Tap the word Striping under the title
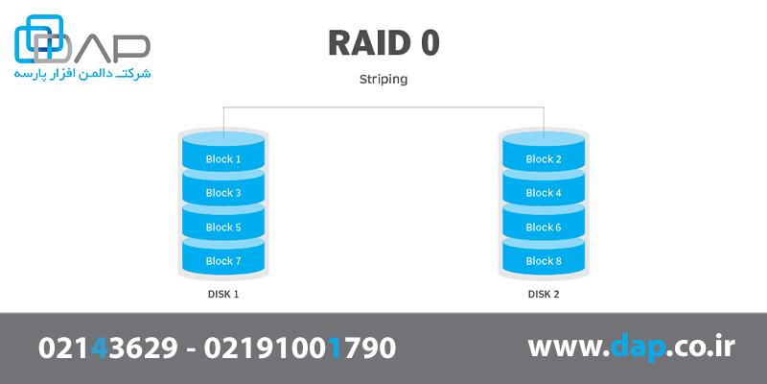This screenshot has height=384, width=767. [x=383, y=80]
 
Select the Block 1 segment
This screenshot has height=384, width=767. [x=223, y=159]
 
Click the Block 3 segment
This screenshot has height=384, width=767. [x=223, y=193]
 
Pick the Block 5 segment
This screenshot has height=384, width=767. [x=223, y=228]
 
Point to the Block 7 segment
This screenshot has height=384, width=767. [x=223, y=261]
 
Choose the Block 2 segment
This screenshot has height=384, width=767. [x=544, y=159]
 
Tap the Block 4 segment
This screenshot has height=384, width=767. [x=544, y=193]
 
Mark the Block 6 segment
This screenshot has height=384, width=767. [x=544, y=228]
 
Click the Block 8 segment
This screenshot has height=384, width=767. [x=544, y=261]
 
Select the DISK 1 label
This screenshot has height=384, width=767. [x=223, y=294]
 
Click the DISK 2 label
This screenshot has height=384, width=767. [x=544, y=294]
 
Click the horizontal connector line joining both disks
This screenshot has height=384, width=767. [x=383, y=107]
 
